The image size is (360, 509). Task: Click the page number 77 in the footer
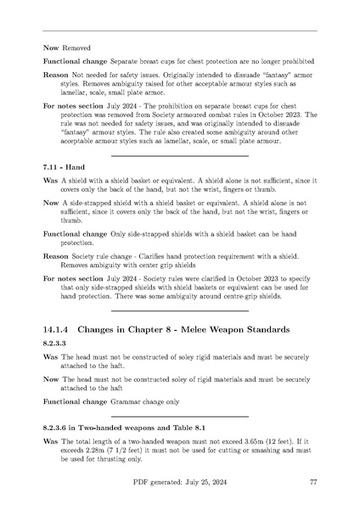tap(313, 482)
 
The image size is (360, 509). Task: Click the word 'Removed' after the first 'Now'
tap(76, 48)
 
